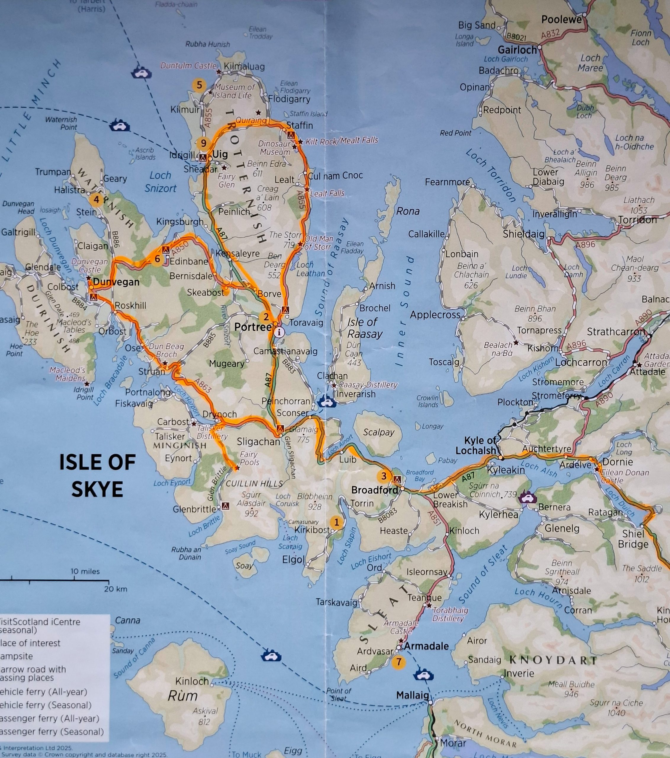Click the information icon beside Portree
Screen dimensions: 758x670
[x=280, y=332]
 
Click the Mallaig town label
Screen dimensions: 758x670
[x=412, y=695]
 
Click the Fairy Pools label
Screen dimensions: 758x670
[x=250, y=458]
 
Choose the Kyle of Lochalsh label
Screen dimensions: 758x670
[x=481, y=445]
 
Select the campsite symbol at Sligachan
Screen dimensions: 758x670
[x=280, y=428]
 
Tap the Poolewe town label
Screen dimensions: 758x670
[x=561, y=19]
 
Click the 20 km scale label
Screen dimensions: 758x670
[x=116, y=589]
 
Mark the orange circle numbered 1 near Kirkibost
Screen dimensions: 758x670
[x=336, y=522]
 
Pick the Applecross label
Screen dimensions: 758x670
[x=435, y=315]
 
